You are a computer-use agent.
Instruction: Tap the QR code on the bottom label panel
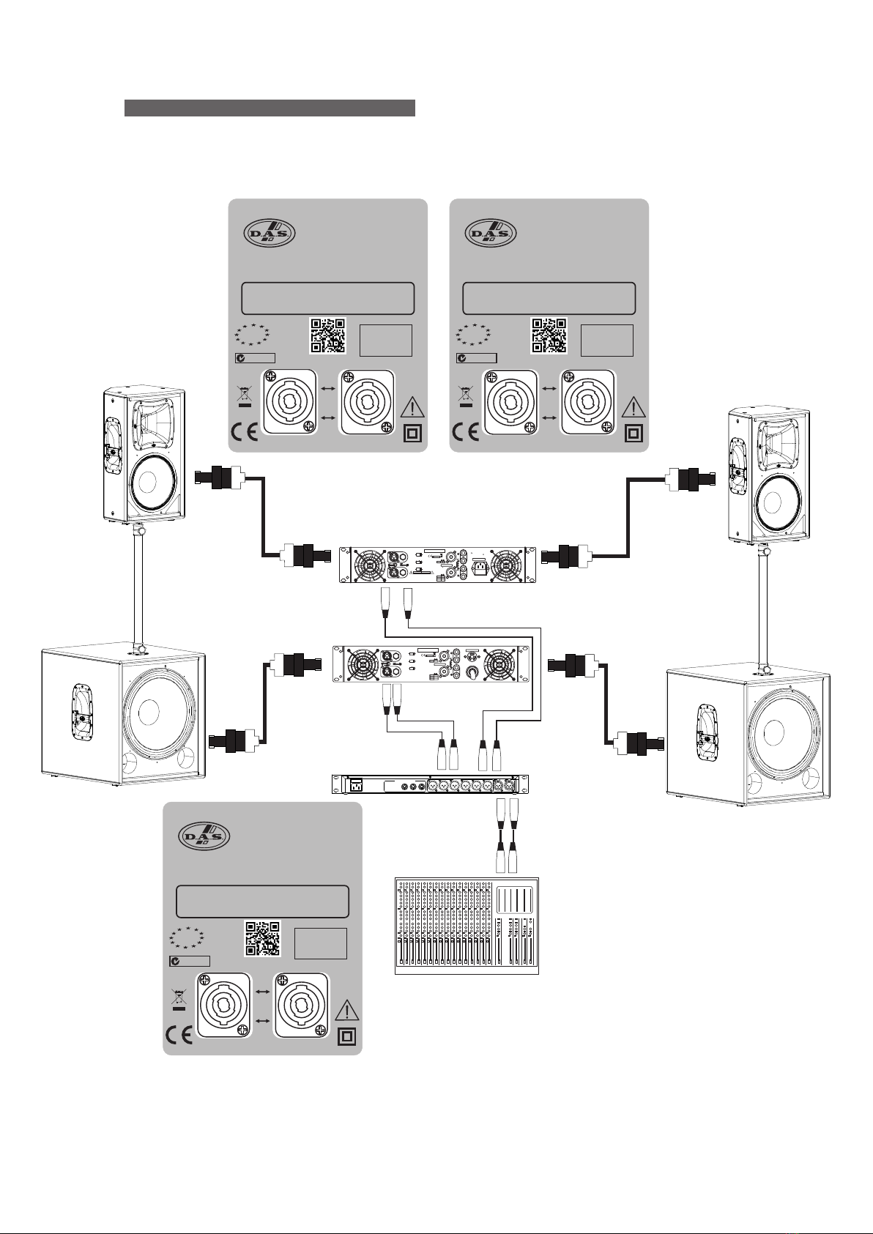point(261,939)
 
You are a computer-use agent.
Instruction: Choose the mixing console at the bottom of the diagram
point(467,925)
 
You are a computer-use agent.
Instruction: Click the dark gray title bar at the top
point(270,108)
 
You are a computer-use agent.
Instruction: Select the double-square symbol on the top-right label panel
point(633,434)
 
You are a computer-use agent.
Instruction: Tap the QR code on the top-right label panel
point(549,335)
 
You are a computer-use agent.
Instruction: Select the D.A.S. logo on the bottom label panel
point(204,836)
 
